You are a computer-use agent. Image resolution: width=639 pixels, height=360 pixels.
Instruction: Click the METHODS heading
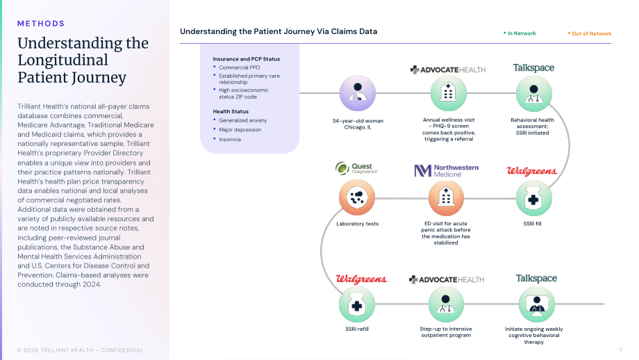tap(41, 24)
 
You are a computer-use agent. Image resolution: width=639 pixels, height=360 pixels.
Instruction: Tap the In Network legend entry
tap(520, 33)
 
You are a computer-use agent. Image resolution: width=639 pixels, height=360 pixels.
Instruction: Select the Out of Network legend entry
tap(590, 34)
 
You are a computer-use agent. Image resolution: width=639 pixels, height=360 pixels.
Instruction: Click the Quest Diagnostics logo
tap(356, 168)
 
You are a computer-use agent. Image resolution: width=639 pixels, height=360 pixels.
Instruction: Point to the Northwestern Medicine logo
tap(446, 170)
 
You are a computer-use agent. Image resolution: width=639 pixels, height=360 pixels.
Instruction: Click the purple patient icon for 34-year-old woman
tap(358, 93)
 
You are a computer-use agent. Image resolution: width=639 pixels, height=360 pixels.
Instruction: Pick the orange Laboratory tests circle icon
tap(356, 198)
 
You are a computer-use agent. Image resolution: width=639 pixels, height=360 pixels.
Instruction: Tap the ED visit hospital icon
tap(446, 198)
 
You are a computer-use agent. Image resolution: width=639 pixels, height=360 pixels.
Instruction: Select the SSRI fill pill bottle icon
tap(534, 199)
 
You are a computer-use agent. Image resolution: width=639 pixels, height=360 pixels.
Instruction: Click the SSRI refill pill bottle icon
tap(356, 304)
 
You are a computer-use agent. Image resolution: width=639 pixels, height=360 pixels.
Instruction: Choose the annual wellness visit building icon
tap(448, 93)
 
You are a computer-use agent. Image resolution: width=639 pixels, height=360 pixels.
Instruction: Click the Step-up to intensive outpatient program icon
tap(446, 304)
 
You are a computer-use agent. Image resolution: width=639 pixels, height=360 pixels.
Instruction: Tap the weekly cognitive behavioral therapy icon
tap(537, 304)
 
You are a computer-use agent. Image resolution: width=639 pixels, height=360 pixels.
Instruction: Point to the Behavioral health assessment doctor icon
tap(534, 94)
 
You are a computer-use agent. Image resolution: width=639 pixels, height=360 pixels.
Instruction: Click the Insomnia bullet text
tap(230, 140)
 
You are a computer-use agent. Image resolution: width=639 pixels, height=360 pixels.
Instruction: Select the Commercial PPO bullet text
tap(239, 67)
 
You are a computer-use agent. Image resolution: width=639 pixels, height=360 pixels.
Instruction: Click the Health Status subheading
tap(231, 111)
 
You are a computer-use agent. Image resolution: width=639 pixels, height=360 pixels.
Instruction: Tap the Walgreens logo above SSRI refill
tap(361, 279)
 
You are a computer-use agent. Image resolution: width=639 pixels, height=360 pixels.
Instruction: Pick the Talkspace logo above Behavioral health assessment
tap(533, 67)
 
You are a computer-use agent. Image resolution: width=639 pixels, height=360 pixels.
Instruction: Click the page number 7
tap(620, 350)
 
